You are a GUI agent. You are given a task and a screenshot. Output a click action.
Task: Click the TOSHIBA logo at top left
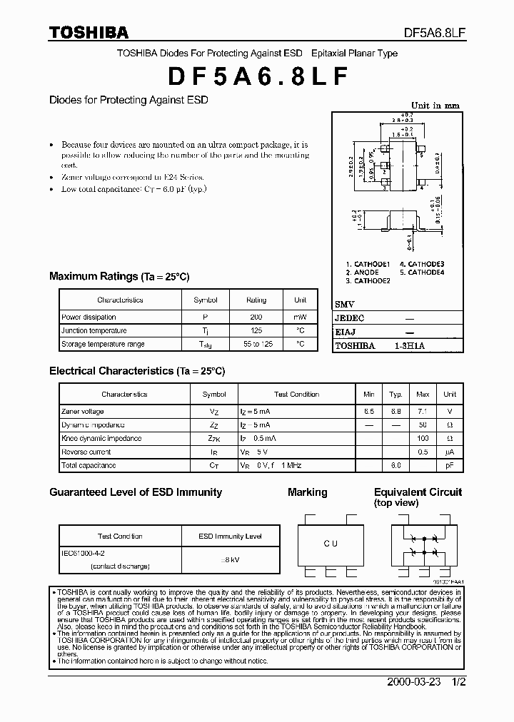(x=89, y=32)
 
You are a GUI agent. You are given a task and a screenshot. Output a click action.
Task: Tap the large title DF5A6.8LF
(x=258, y=76)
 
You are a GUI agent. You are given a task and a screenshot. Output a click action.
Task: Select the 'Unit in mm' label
(x=435, y=106)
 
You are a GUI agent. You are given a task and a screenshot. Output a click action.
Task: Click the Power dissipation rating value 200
(x=256, y=317)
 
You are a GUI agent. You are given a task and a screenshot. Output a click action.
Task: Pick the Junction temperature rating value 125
(x=256, y=330)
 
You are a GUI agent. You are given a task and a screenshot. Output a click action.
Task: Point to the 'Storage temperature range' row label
(x=103, y=344)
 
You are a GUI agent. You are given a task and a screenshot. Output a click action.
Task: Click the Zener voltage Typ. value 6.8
(x=395, y=412)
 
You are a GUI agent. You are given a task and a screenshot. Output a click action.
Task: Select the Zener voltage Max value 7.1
(x=423, y=412)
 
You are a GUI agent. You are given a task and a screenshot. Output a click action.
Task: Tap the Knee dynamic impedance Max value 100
(x=423, y=439)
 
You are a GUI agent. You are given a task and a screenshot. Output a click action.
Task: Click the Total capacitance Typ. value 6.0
(x=395, y=465)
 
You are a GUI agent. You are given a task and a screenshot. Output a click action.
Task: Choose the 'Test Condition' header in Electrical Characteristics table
(x=296, y=394)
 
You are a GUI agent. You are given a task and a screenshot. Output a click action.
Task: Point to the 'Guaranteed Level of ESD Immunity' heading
(x=136, y=492)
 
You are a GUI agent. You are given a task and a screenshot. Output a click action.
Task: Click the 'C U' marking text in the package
(x=330, y=544)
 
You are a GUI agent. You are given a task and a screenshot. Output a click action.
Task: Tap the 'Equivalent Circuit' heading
(x=418, y=492)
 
